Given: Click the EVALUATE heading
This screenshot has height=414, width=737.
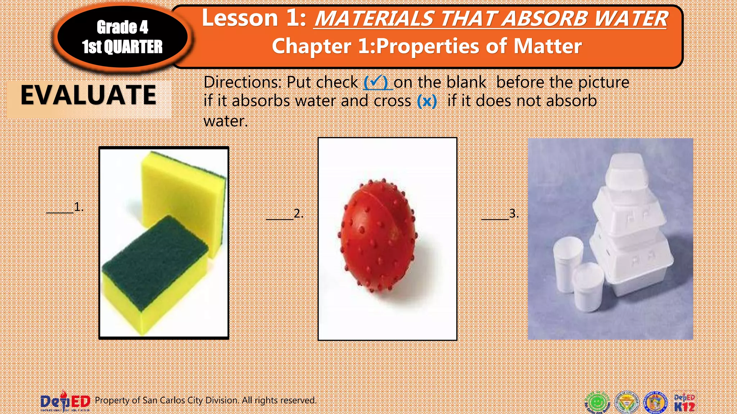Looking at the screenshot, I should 89,95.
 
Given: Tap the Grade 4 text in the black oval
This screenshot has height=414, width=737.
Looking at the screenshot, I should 122,27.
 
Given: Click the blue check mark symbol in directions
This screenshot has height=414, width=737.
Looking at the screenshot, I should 376,82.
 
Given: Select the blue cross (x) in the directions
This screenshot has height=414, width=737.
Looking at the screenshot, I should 427,101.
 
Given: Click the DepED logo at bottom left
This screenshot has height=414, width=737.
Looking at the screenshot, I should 65,401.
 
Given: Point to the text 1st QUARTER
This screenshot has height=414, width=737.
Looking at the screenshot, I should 122,47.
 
